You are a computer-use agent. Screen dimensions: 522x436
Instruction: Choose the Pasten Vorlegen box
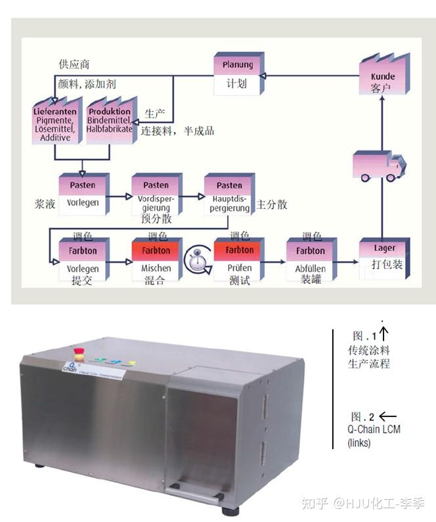pos(83,194)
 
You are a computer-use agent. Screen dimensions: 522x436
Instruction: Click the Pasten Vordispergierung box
pos(156,195)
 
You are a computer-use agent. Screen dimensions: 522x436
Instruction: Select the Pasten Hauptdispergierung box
pos(229,195)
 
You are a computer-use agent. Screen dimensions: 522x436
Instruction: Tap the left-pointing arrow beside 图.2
pos(388,416)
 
